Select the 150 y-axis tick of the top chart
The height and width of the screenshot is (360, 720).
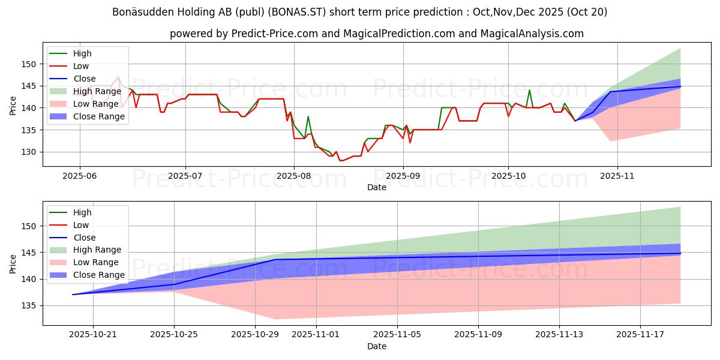pyautogui.click(x=29, y=64)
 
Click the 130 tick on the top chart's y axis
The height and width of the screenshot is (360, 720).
pyautogui.click(x=29, y=152)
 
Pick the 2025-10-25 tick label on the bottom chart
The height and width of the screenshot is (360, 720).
pyautogui.click(x=174, y=335)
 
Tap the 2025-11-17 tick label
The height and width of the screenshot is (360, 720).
pyautogui.click(x=640, y=335)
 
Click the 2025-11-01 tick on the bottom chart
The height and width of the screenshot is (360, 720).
pyautogui.click(x=316, y=335)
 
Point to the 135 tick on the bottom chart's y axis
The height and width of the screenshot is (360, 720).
pyautogui.click(x=29, y=306)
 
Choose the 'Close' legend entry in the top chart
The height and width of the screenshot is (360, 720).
pyautogui.click(x=85, y=79)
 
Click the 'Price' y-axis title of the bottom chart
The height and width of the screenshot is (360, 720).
pyautogui.click(x=13, y=263)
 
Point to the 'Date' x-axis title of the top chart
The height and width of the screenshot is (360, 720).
pyautogui.click(x=377, y=187)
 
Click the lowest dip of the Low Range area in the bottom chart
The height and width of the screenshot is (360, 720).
pyautogui.click(x=276, y=319)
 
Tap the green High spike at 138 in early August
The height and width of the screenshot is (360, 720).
pyautogui.click(x=308, y=116)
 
